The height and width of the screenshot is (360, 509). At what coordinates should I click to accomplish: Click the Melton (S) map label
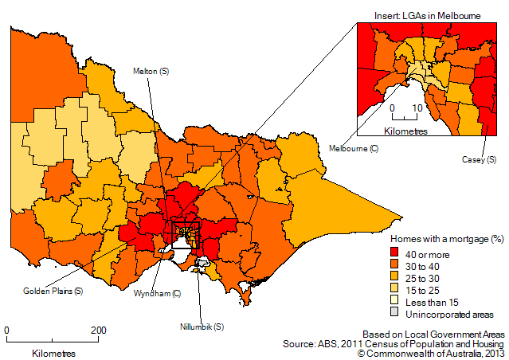(x=152, y=72)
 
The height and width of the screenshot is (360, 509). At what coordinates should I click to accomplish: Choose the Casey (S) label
(x=480, y=159)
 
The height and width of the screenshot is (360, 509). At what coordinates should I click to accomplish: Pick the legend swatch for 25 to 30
(x=395, y=278)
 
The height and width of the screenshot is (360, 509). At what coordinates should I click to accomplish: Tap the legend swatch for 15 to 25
(x=395, y=290)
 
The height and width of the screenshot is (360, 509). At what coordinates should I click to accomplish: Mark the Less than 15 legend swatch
(x=395, y=302)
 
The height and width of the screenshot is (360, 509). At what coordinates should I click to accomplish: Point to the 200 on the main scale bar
(x=98, y=330)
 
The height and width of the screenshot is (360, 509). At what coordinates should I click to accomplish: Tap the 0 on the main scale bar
(x=7, y=330)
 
